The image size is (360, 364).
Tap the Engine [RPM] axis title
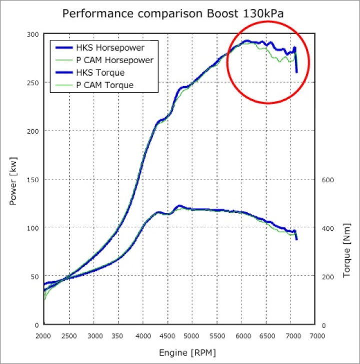(x=187, y=353)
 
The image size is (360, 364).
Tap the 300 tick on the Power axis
(x=32, y=35)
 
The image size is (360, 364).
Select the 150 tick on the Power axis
(x=32, y=179)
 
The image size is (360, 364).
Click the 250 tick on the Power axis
(x=32, y=83)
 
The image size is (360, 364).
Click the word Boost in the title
(x=220, y=14)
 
